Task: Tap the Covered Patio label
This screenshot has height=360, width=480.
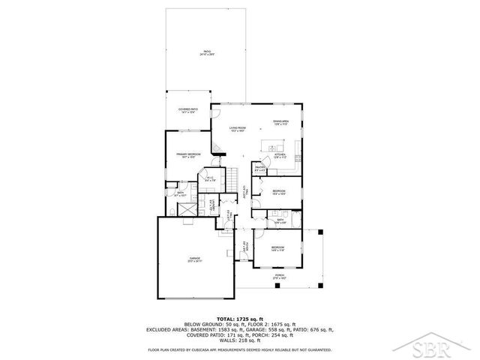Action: (x=187, y=111)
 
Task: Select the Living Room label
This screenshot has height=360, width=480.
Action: (x=238, y=130)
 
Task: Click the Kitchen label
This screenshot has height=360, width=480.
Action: (x=280, y=156)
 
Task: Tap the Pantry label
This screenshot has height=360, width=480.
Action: (x=260, y=169)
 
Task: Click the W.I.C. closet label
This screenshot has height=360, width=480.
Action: (x=211, y=178)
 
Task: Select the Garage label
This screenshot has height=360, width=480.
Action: (x=194, y=259)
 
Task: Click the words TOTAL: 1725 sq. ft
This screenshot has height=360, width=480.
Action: (x=240, y=319)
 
